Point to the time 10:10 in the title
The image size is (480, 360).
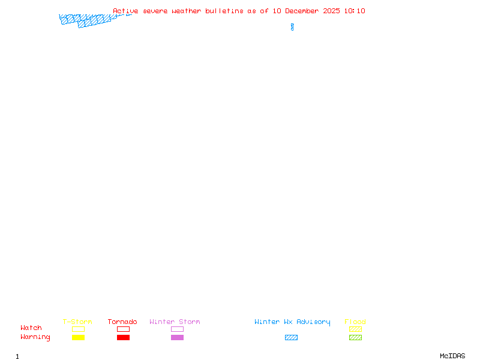coord(355,11)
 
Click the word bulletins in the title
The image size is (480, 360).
coord(225,11)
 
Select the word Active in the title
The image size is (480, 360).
coord(126,11)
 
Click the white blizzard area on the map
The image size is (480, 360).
coord(292,20)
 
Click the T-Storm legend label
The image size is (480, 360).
coord(77,322)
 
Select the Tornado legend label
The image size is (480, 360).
coord(122,322)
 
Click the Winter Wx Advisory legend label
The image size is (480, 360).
coord(292,322)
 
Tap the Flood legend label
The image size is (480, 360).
coord(355,322)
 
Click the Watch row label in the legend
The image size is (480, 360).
coord(31,328)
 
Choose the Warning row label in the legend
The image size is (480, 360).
coord(35,337)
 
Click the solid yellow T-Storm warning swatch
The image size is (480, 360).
coord(78,338)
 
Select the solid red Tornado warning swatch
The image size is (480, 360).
coord(123,338)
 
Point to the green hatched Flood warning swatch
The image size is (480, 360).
coord(355,338)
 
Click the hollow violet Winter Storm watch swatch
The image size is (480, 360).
coord(177,329)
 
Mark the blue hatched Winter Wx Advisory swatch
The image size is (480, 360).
coord(291,338)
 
